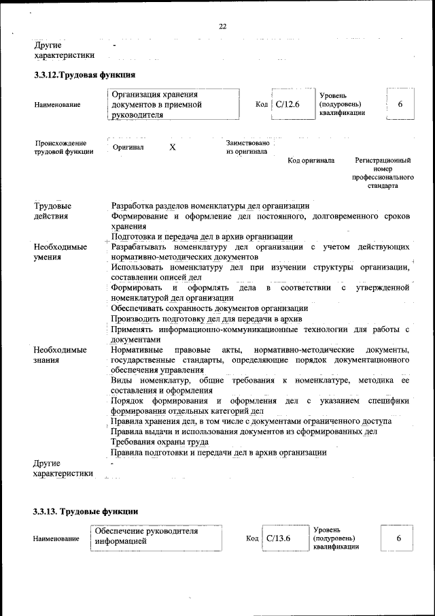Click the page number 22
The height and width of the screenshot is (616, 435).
point(222,27)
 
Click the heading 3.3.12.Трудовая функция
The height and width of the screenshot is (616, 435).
point(85,75)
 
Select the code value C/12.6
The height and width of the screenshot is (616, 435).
point(288,104)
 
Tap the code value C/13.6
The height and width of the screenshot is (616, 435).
point(279,538)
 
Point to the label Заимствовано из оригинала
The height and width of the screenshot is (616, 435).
point(249,147)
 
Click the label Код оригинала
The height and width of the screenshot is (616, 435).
point(311,161)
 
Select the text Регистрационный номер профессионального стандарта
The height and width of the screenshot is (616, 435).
point(383,172)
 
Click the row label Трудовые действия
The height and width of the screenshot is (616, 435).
point(52,211)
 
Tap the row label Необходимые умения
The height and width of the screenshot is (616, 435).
point(60,252)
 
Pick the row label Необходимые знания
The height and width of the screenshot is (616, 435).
point(60,355)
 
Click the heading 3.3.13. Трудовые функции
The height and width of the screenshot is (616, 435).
point(86,510)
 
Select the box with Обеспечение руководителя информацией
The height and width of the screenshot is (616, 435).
point(156,537)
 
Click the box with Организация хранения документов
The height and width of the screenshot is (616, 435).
point(175,105)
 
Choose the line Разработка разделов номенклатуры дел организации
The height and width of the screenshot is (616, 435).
point(211,206)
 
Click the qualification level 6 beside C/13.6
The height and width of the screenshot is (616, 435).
point(399,538)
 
